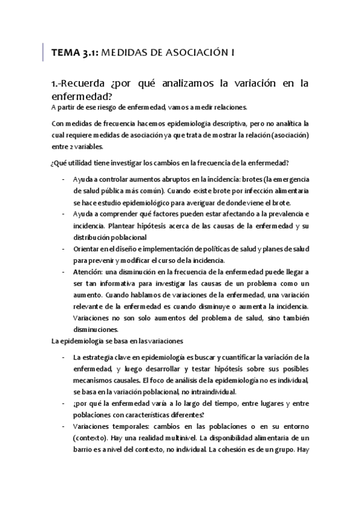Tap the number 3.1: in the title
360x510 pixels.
click(88, 53)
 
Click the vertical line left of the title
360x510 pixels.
click(43, 52)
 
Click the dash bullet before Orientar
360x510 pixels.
click(64, 249)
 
